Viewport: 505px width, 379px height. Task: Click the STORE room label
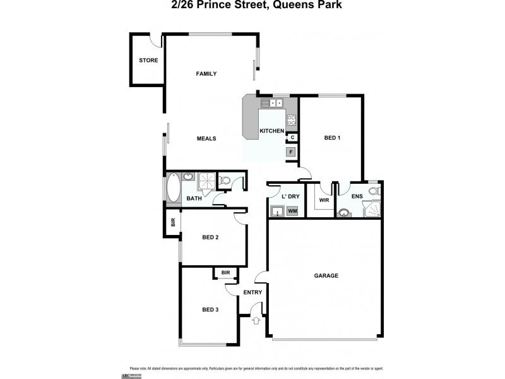pyautogui.click(x=148, y=61)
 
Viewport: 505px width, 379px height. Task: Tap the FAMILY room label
pyautogui.click(x=206, y=74)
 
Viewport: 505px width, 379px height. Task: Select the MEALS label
pyautogui.click(x=206, y=138)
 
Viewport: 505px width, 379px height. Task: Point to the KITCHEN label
pyautogui.click(x=272, y=131)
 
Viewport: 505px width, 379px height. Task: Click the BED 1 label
pyautogui.click(x=332, y=138)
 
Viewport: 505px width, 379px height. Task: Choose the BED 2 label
pyautogui.click(x=210, y=238)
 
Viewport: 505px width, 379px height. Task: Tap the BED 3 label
pyautogui.click(x=210, y=310)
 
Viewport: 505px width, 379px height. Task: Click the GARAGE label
pyautogui.click(x=326, y=275)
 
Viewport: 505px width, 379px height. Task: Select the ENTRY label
pyautogui.click(x=252, y=292)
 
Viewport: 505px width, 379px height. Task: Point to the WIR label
pyautogui.click(x=324, y=200)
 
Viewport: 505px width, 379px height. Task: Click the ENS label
pyautogui.click(x=357, y=196)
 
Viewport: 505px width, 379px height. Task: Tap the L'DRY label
pyautogui.click(x=290, y=196)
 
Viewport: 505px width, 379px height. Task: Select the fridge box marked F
pyautogui.click(x=292, y=152)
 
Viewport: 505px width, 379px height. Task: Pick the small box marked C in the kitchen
pyautogui.click(x=292, y=137)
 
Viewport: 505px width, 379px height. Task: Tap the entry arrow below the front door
pyautogui.click(x=256, y=320)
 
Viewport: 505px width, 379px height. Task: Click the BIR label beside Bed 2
pyautogui.click(x=173, y=222)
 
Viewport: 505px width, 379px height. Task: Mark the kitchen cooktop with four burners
pyautogui.click(x=292, y=119)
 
